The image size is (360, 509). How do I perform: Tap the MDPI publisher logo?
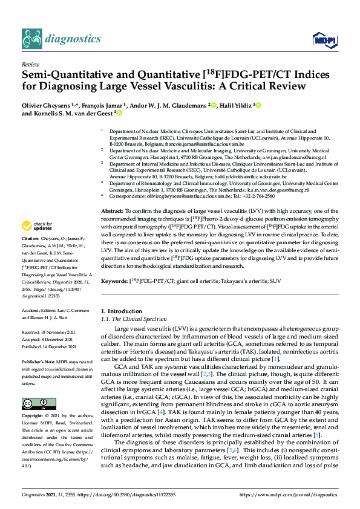[x=321, y=40]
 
